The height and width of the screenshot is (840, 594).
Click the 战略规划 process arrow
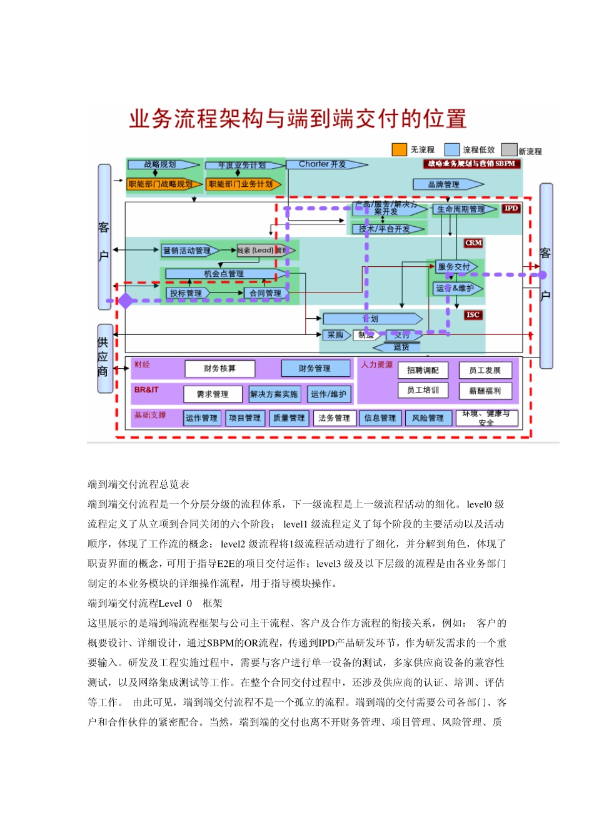pyautogui.click(x=162, y=165)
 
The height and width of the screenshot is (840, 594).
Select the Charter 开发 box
pyautogui.click(x=324, y=164)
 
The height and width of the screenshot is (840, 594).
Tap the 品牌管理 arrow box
pyautogui.click(x=446, y=184)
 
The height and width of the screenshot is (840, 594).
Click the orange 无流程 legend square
pyautogui.click(x=399, y=149)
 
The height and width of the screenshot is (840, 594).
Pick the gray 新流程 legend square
pyautogui.click(x=509, y=150)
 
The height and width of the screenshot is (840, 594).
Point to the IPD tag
pyautogui.click(x=511, y=209)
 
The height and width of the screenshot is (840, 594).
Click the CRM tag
pyautogui.click(x=473, y=242)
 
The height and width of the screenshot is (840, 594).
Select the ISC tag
pyautogui.click(x=473, y=315)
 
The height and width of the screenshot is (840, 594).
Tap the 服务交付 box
pyautogui.click(x=455, y=267)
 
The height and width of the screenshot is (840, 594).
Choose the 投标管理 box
pyautogui.click(x=186, y=293)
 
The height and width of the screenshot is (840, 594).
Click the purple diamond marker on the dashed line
pyautogui.click(x=126, y=301)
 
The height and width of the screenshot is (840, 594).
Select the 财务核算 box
pyautogui.click(x=219, y=369)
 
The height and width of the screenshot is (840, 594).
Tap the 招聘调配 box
pyautogui.click(x=423, y=370)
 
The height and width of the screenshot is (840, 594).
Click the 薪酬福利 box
pyautogui.click(x=485, y=391)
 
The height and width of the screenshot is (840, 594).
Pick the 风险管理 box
pyautogui.click(x=428, y=418)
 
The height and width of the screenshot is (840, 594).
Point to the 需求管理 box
pyautogui.click(x=213, y=394)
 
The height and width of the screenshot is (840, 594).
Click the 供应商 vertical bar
pyautogui.click(x=104, y=357)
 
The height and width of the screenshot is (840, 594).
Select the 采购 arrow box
pyautogui.click(x=335, y=335)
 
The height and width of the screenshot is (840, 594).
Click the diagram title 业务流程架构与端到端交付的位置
pyautogui.click(x=298, y=119)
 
